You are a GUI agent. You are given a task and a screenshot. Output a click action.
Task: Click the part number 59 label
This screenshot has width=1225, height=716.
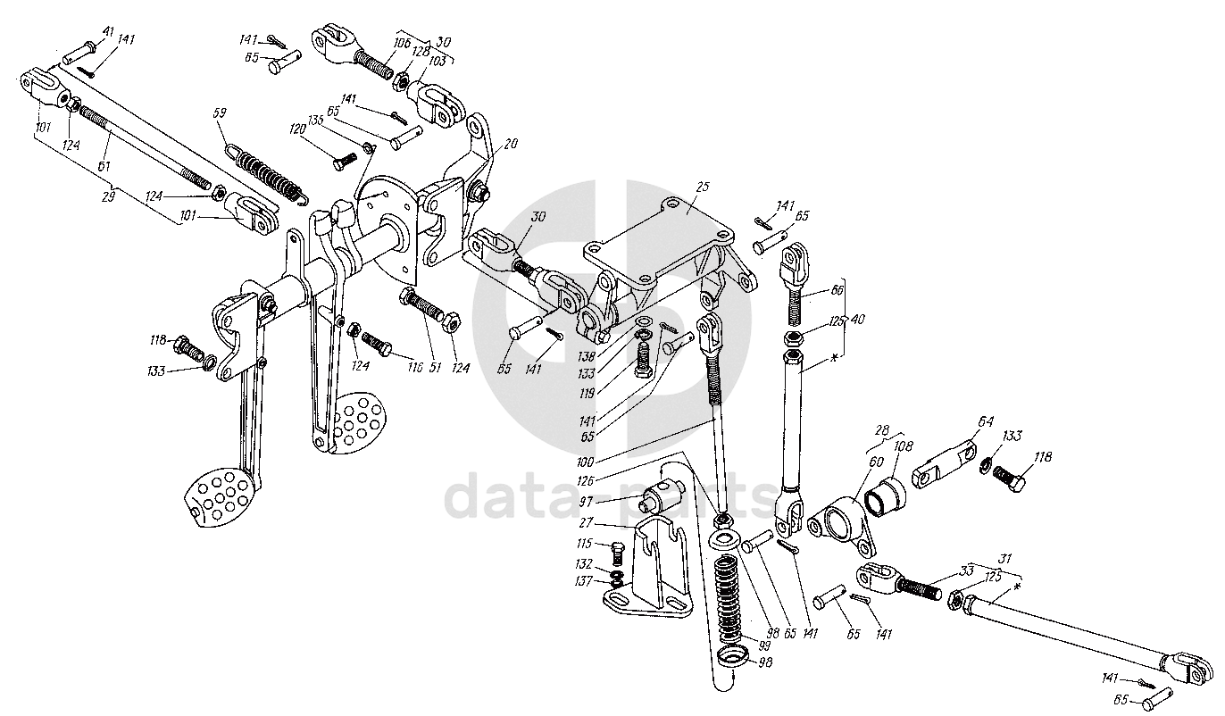pos(221,113)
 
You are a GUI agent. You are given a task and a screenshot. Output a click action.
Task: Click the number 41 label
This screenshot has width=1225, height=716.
pos(108,32)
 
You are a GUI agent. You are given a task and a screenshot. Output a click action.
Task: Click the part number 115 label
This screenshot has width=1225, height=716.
pos(583,544)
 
